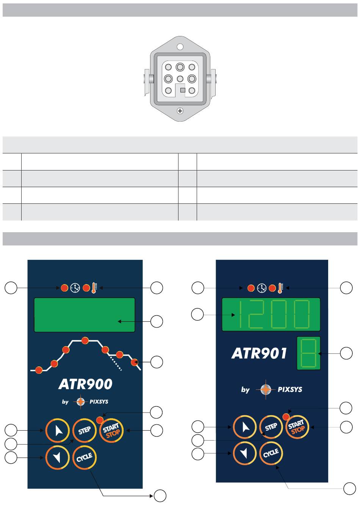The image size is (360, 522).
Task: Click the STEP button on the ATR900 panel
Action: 85,430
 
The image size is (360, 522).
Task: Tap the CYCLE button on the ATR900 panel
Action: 85,458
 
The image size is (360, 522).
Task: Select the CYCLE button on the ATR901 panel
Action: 271,453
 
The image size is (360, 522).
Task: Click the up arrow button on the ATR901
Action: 245,427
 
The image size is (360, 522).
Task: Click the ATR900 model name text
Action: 85,384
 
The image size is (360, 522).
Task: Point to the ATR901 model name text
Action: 259,353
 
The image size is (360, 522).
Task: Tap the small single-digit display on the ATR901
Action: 308,353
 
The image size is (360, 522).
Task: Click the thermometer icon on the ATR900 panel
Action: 94,288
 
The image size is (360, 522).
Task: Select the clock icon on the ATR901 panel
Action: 261,288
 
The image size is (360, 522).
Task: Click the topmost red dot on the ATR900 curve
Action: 85,341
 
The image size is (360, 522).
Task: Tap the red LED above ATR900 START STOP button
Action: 100,420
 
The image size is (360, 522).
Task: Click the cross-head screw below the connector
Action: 180,111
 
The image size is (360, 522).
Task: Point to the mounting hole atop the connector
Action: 180,47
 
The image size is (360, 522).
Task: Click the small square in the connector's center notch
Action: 183,90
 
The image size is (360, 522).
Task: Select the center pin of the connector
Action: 180,79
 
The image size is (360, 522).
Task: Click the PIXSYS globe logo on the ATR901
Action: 266,389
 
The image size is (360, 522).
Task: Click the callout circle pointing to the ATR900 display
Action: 157,321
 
